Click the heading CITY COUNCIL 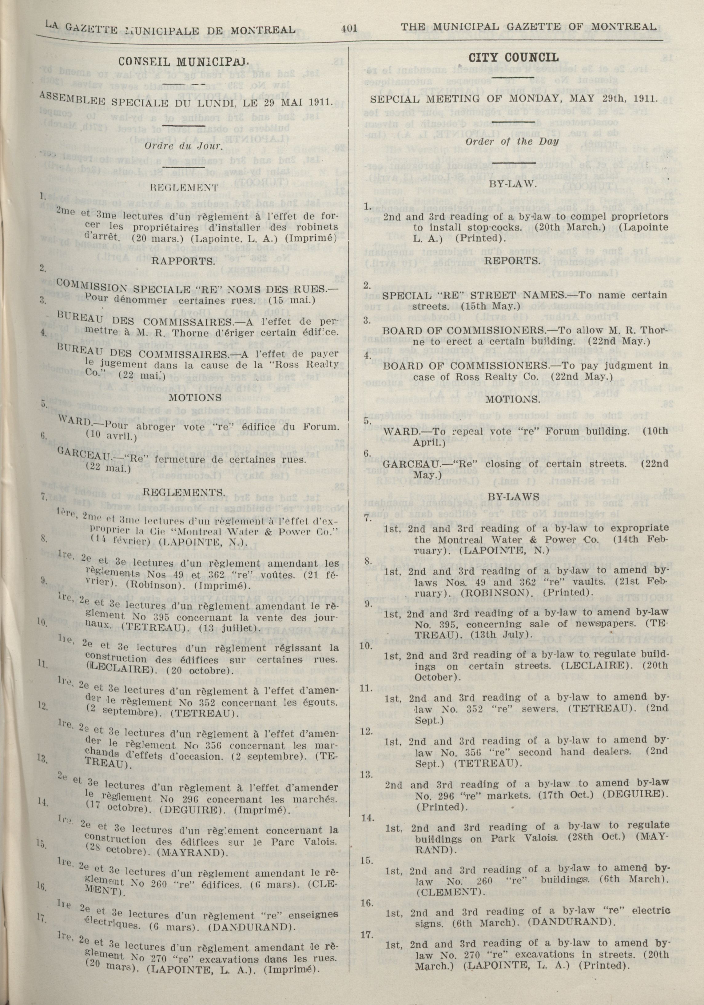pos(513,57)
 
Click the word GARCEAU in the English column pos(405,464)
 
